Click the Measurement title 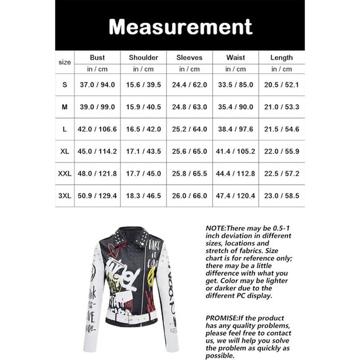click(180, 26)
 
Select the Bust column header click(97, 58)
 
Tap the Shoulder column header click(143, 58)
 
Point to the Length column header click(282, 58)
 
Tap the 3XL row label click(65, 196)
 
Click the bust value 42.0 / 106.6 click(97, 129)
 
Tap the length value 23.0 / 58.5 click(282, 196)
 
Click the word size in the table click(65, 62)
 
